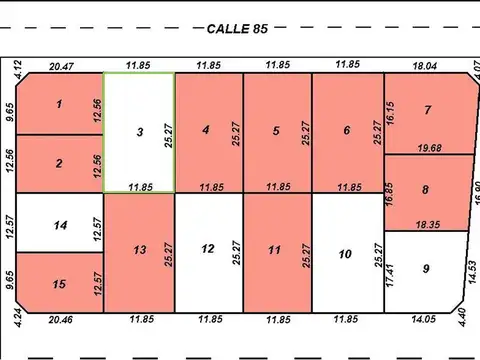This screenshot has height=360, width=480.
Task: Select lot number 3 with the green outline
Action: (x=139, y=132)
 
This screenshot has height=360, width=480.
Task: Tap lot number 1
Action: (x=59, y=104)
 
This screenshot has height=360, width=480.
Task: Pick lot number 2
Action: (x=59, y=164)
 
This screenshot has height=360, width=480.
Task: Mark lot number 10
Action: (x=345, y=254)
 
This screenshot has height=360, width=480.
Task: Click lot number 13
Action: (x=139, y=249)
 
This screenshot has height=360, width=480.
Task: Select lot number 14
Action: (x=59, y=225)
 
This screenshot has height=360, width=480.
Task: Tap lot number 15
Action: (x=59, y=285)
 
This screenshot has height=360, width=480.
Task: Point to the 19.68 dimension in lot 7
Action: (x=429, y=148)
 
